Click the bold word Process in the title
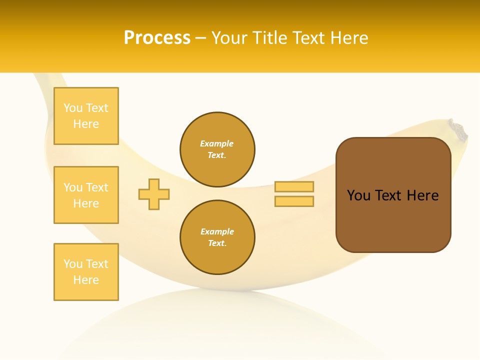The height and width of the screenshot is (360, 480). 157,38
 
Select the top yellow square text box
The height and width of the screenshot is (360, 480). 86,116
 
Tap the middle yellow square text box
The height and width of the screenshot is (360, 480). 86,195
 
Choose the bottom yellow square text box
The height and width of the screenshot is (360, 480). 86,272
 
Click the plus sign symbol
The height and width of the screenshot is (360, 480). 154,194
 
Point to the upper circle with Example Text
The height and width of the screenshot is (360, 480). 217,149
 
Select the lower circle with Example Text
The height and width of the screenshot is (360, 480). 217,237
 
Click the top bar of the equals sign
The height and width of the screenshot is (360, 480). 294,186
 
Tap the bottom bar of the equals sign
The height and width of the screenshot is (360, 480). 294,201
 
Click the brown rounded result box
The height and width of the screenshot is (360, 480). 393,220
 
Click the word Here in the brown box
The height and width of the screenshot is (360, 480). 422,195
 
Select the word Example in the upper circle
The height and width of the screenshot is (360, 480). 217,144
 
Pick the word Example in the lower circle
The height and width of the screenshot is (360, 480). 217,232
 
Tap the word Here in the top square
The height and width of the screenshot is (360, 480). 86,124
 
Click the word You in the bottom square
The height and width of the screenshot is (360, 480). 73,264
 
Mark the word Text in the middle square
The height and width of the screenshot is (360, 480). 97,187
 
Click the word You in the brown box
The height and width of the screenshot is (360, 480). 359,195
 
